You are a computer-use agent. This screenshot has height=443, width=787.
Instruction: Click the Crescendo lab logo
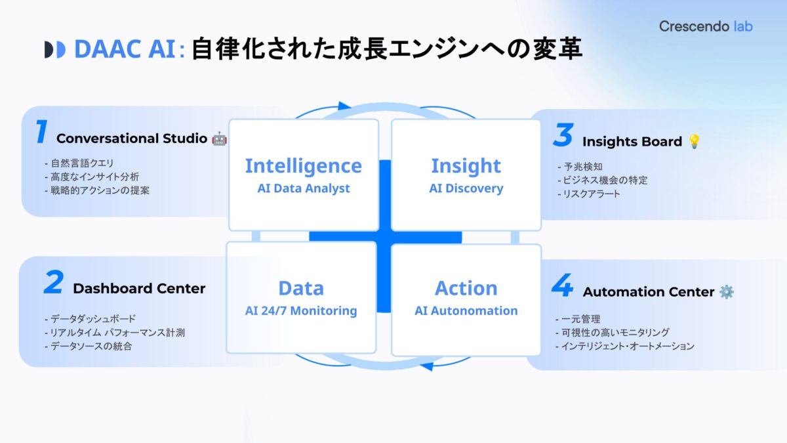coord(706,27)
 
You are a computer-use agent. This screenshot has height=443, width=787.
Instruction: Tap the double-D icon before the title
coord(54,50)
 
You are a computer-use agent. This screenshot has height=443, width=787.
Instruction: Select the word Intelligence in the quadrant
coord(303,166)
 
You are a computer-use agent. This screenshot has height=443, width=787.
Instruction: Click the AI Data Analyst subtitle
coord(303,188)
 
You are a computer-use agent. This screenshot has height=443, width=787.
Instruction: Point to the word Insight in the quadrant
coord(466,166)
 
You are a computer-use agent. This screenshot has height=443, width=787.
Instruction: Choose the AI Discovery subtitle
coord(466,188)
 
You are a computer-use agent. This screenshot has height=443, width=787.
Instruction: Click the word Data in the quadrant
coord(301,288)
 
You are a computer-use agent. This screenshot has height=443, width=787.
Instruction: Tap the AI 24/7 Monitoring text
coord(301,310)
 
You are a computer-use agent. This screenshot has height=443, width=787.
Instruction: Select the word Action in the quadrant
coord(466,288)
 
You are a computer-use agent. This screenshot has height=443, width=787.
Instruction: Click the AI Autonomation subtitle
coord(466,310)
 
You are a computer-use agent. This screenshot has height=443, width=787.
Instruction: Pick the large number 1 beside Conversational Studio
coord(41,133)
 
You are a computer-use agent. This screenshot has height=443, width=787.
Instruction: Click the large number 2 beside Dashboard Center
coord(53,283)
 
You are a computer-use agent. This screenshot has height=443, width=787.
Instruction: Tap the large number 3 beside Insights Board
coord(563,135)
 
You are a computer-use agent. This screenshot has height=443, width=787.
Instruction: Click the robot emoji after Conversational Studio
coord(219,138)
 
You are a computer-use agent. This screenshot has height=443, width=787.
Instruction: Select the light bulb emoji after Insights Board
coord(694,141)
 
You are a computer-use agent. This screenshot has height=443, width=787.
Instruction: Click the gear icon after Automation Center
coord(726,291)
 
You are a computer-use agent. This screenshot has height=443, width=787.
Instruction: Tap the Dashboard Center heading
coord(139,289)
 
